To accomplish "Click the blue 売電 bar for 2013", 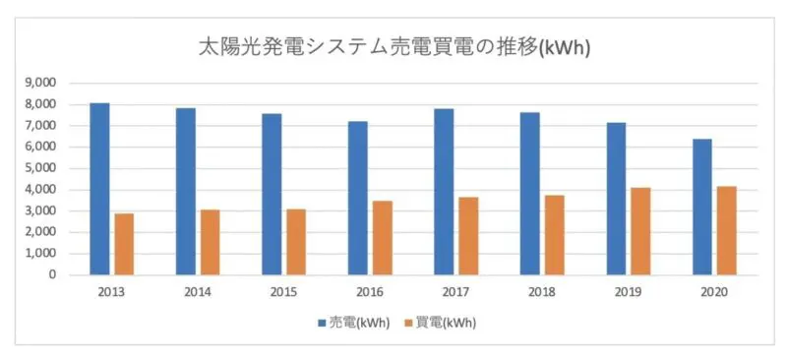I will tap(99, 189).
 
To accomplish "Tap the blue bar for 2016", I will tap(357, 198).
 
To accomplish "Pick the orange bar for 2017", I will tap(468, 236).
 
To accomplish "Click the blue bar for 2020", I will tap(702, 207).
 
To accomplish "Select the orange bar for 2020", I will tap(727, 230).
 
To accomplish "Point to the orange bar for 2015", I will tap(296, 242).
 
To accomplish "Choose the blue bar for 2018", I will tap(529, 194).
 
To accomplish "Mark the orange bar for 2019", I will tap(640, 231).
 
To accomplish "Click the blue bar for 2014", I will tap(186, 191).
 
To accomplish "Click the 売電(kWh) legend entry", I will tap(353, 322).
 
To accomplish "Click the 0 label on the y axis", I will tap(53, 275).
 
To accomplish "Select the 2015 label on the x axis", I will tap(283, 292).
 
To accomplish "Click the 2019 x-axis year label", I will tap(628, 292).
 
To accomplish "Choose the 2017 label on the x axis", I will tap(455, 292).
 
